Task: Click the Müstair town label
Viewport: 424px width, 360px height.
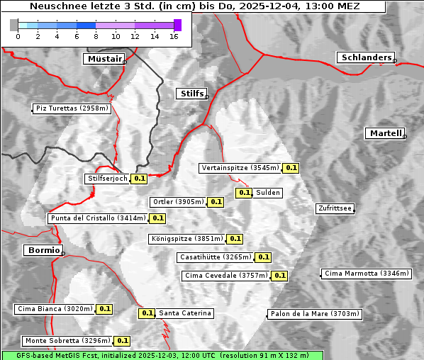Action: [x=104, y=59]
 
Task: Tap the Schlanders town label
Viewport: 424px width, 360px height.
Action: [x=365, y=57]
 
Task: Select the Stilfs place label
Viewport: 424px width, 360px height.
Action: [x=191, y=94]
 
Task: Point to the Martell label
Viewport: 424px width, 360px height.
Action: [x=385, y=133]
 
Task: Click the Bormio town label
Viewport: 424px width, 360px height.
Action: [x=43, y=250]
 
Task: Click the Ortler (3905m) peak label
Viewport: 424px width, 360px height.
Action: [x=178, y=202]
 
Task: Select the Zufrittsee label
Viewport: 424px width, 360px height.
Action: [x=335, y=208]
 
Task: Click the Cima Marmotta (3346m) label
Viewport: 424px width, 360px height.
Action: [x=366, y=273]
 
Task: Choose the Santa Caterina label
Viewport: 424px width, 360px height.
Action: [x=185, y=313]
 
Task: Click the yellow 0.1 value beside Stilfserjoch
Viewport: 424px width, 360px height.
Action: [x=140, y=179]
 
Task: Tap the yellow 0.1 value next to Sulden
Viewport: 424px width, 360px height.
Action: [x=245, y=193]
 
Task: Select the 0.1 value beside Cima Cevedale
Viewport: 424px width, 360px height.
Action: [x=280, y=276]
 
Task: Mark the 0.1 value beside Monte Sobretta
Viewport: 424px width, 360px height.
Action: [x=123, y=341]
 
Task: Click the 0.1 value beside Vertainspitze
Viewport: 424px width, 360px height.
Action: [x=291, y=168]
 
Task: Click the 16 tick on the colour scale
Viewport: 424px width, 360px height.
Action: [x=174, y=36]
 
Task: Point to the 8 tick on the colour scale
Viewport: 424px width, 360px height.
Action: [x=96, y=36]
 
